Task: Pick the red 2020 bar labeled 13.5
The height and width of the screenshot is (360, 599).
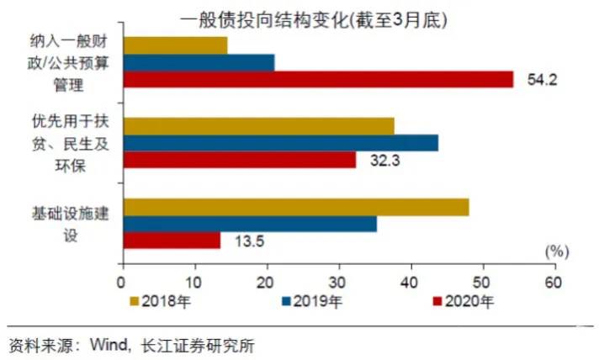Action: pyautogui.click(x=172, y=240)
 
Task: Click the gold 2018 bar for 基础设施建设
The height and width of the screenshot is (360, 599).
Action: pyautogui.click(x=295, y=207)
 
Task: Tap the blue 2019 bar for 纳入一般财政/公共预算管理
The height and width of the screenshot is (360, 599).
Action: pyautogui.click(x=199, y=62)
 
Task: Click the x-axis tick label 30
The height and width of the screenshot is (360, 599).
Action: pyautogui.click(x=338, y=283)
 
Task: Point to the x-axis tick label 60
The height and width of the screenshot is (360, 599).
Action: pyautogui.click(x=554, y=283)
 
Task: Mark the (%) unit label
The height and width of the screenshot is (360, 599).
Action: pyautogui.click(x=556, y=251)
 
